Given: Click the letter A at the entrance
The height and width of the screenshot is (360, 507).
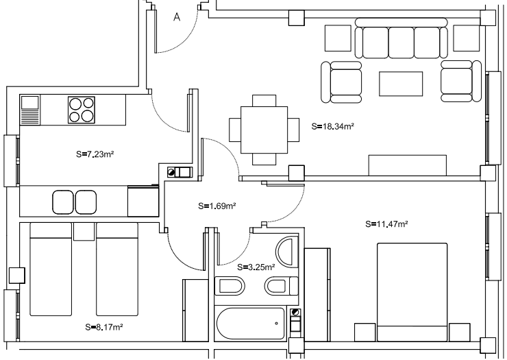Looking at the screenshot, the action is [177, 17].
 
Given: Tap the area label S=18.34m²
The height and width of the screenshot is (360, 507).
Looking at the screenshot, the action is [333, 126].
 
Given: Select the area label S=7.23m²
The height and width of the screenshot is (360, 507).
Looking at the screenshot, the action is [95, 154].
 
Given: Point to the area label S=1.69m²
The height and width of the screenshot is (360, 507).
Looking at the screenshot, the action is [217, 206].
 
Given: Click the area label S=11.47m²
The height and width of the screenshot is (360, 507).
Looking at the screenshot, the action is [386, 224].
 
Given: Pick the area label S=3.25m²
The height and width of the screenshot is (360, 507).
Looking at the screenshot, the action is [256, 267].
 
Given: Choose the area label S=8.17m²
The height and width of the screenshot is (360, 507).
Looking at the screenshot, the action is [104, 327].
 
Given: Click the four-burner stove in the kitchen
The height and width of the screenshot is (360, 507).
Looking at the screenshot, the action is [82, 110].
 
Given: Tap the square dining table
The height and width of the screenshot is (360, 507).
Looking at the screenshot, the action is [264, 130].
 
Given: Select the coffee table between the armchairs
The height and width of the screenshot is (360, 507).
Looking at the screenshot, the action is [401, 84].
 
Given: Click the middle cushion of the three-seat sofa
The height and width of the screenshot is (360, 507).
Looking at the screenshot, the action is [401, 43].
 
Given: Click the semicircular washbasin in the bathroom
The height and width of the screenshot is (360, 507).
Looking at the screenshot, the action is [287, 252].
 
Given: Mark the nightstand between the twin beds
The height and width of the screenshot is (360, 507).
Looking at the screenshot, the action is [84, 232].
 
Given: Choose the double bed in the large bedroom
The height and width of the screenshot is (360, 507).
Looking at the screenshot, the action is [412, 292].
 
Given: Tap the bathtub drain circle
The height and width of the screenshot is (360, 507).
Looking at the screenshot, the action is [277, 323].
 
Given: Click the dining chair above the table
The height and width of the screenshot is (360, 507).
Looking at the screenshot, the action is [264, 100].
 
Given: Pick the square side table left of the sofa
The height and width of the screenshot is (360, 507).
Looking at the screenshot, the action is [338, 38].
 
